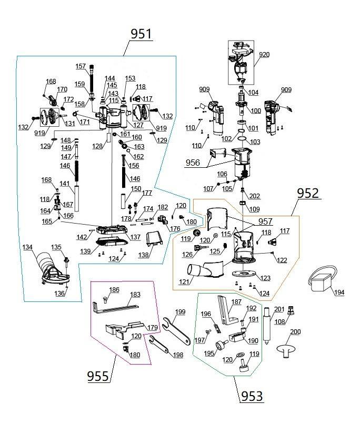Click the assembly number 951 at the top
click(x=141, y=34)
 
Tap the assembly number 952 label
click(x=308, y=193)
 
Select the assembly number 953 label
click(x=252, y=395)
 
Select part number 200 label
click(x=295, y=332)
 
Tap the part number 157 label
click(x=81, y=66)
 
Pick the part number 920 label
click(x=264, y=54)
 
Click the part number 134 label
click(x=27, y=247)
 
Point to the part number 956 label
click(x=193, y=163)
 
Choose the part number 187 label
click(x=236, y=302)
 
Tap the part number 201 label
click(x=279, y=309)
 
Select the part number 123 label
click(x=264, y=278)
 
